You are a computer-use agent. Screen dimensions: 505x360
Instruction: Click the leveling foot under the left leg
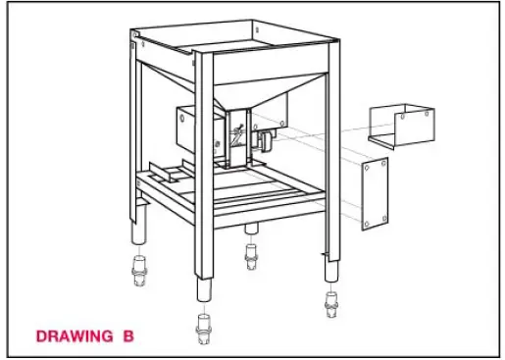136,272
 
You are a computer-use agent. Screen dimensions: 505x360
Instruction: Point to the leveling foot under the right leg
330,301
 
